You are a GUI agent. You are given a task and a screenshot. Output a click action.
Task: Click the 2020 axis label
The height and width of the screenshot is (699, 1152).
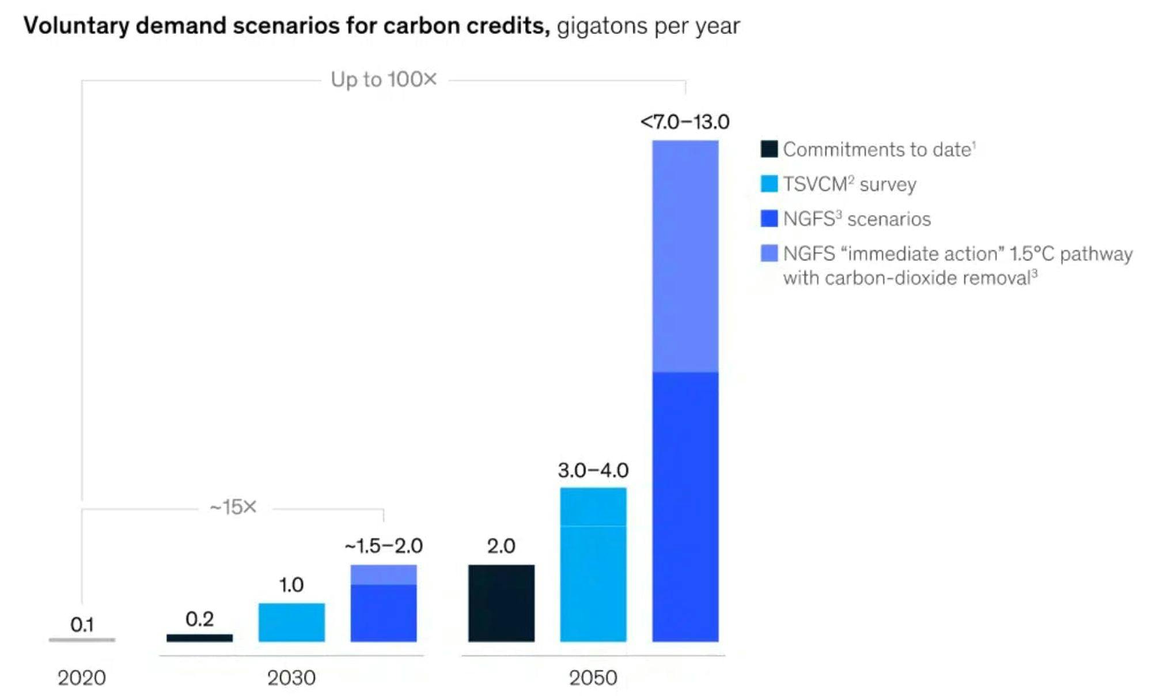[x=81, y=678]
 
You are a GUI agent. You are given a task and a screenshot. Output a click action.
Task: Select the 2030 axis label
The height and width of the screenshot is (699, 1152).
[x=291, y=678]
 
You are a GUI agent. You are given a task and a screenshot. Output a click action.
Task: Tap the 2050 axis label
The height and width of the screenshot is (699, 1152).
[x=593, y=678]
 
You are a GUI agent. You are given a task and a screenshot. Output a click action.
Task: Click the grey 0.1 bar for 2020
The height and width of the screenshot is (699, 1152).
[x=82, y=640]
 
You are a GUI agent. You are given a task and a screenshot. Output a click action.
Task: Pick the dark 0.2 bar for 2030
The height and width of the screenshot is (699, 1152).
[x=199, y=638]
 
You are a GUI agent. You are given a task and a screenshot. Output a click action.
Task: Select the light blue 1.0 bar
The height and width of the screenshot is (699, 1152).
[x=291, y=622]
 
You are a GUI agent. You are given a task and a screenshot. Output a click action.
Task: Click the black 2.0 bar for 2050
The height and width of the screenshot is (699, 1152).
[x=501, y=603]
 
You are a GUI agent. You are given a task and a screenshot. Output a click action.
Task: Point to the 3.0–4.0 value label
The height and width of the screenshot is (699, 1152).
[x=593, y=470]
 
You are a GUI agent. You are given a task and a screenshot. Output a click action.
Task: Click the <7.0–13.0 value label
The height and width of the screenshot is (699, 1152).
[x=684, y=122]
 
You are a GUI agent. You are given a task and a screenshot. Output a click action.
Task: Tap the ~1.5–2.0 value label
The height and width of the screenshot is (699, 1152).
[x=384, y=546]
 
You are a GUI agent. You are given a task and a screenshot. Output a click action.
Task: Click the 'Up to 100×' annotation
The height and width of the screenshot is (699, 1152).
[x=384, y=80]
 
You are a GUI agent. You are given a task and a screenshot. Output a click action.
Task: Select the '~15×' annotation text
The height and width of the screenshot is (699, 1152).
[x=233, y=507]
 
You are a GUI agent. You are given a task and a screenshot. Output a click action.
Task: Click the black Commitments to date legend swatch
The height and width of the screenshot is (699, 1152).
[x=769, y=149]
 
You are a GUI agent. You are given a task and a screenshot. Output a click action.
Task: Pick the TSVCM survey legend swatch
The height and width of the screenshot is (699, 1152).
[x=769, y=184]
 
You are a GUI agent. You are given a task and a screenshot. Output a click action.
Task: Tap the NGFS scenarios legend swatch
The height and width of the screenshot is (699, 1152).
[x=769, y=218]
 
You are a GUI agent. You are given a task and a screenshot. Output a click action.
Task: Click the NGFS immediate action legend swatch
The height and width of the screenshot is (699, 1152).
[x=769, y=253]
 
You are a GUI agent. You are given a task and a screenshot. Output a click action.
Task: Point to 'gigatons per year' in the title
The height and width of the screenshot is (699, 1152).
[x=648, y=26]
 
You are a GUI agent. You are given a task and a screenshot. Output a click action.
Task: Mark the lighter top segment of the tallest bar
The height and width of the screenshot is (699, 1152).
[x=685, y=256]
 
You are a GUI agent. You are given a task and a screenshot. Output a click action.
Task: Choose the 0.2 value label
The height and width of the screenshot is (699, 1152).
[x=199, y=619]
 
